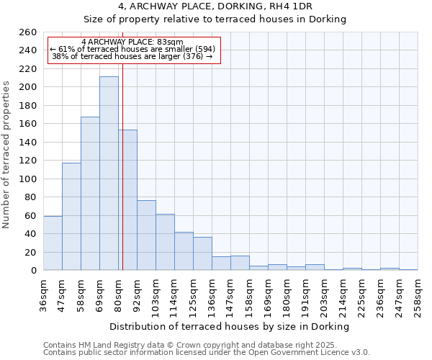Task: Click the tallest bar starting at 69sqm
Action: coord(109,174)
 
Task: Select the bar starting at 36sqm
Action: coord(53,243)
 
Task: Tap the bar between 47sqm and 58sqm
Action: coord(71,217)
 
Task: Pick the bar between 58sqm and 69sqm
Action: coord(90,194)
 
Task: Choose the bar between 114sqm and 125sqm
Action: coord(184,251)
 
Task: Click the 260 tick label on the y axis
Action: coord(27,32)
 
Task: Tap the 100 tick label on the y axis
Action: coord(27,179)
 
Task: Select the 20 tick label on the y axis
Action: coord(30,252)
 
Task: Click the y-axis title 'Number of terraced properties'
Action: coord(7,154)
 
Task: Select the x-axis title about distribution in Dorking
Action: coord(230,326)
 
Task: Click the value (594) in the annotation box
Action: coord(205,49)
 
